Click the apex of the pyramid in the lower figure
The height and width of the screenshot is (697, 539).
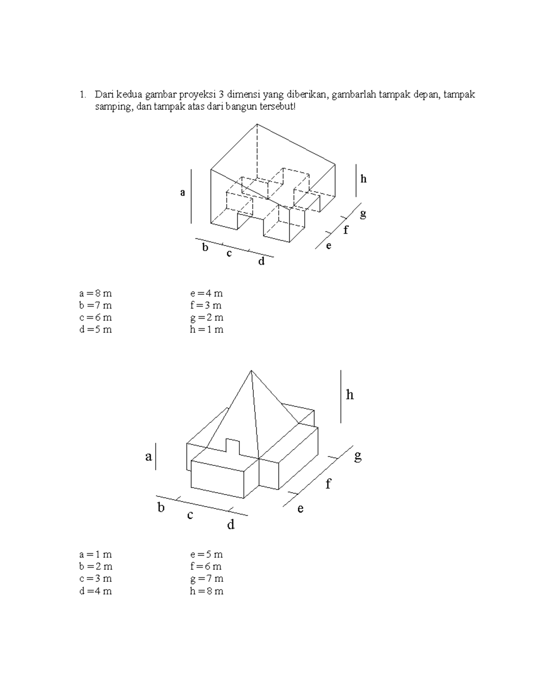pyautogui.click(x=251, y=371)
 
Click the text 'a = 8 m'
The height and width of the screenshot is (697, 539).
pyautogui.click(x=95, y=294)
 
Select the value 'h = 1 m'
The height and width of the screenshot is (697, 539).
pyautogui.click(x=207, y=330)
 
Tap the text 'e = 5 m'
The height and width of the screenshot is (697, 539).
pyautogui.click(x=207, y=554)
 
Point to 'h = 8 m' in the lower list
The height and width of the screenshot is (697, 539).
pyautogui.click(x=207, y=591)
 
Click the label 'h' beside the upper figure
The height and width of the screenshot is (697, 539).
pyautogui.click(x=363, y=179)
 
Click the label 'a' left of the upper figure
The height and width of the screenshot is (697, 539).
pyautogui.click(x=182, y=193)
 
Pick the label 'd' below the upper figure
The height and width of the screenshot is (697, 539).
pyautogui.click(x=261, y=261)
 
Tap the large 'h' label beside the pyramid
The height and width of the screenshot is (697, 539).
pyautogui.click(x=350, y=395)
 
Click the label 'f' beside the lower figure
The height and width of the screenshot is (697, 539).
pyautogui.click(x=328, y=484)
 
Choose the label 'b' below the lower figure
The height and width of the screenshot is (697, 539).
pyautogui.click(x=161, y=508)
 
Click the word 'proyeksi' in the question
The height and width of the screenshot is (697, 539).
pyautogui.click(x=199, y=95)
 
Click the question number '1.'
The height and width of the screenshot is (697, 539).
pyautogui.click(x=82, y=95)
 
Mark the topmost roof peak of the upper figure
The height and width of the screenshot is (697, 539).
pyautogui.click(x=257, y=124)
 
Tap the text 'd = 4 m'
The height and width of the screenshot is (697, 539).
pyautogui.click(x=95, y=591)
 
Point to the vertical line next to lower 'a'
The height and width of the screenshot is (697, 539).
pyautogui.click(x=155, y=456)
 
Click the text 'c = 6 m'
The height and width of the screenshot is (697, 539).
pyautogui.click(x=95, y=318)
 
